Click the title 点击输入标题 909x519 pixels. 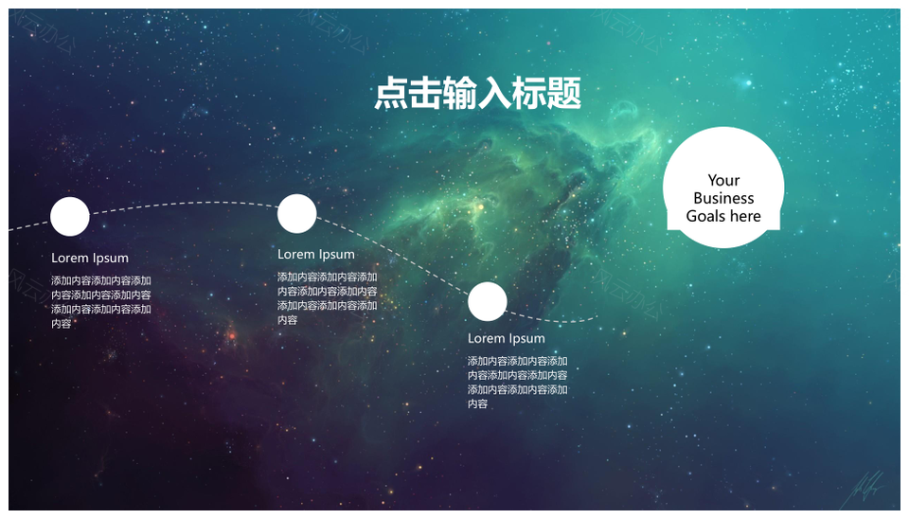[x=477, y=94]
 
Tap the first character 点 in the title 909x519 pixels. [x=391, y=94]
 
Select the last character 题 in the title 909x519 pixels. [x=564, y=94]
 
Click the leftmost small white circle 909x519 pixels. [x=69, y=216]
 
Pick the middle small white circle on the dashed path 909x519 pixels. [x=296, y=213]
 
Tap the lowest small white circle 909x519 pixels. [x=487, y=301]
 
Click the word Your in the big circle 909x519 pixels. [x=723, y=180]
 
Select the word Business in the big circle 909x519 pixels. [x=723, y=198]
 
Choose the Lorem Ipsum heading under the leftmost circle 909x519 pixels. [x=90, y=258]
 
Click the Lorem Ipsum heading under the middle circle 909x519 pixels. [x=316, y=255]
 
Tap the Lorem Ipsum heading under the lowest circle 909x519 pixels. [x=506, y=339]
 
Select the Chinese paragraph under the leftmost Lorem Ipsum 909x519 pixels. [x=101, y=302]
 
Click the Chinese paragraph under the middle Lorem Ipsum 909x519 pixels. [x=327, y=298]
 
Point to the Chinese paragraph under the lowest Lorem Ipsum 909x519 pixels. [x=517, y=383]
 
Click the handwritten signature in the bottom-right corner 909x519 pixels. [x=864, y=490]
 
